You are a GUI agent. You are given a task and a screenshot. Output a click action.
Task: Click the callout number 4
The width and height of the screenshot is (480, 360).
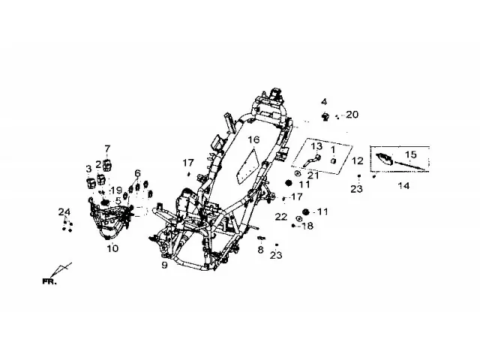(324, 102)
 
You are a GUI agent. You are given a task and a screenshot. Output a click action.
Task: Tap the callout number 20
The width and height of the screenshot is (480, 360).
(352, 115)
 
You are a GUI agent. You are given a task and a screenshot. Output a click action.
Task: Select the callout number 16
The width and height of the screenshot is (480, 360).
(253, 140)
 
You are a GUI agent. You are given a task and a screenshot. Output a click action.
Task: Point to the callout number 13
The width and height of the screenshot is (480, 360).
(316, 146)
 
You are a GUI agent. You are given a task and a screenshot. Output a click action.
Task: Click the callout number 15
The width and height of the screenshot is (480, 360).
(411, 154)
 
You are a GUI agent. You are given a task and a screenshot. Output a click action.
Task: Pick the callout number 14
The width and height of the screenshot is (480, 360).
(403, 185)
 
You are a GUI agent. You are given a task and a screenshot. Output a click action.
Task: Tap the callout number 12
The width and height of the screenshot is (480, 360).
(357, 160)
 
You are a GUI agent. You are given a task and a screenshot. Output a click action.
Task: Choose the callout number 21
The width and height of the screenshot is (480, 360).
(313, 175)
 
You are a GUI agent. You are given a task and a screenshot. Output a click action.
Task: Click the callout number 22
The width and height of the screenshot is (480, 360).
(281, 217)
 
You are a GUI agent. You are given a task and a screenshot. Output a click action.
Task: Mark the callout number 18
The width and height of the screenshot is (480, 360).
(307, 226)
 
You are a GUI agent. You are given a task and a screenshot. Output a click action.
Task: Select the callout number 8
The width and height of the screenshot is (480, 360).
(260, 250)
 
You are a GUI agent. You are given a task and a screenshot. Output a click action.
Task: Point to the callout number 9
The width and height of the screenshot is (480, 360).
(165, 265)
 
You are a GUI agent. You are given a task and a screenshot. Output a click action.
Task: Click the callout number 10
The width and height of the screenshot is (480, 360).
(112, 248)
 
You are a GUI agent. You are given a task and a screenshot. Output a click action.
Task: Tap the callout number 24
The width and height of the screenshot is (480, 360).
(64, 211)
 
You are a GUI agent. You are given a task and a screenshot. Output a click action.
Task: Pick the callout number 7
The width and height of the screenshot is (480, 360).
(107, 149)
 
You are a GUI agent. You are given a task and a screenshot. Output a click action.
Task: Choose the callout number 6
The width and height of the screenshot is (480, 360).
(137, 173)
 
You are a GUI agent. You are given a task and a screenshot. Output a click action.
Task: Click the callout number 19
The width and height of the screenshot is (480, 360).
(117, 190)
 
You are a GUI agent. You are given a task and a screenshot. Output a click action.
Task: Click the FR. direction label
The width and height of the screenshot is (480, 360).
(49, 282)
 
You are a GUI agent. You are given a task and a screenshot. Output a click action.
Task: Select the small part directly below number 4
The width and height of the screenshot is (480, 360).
(325, 116)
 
